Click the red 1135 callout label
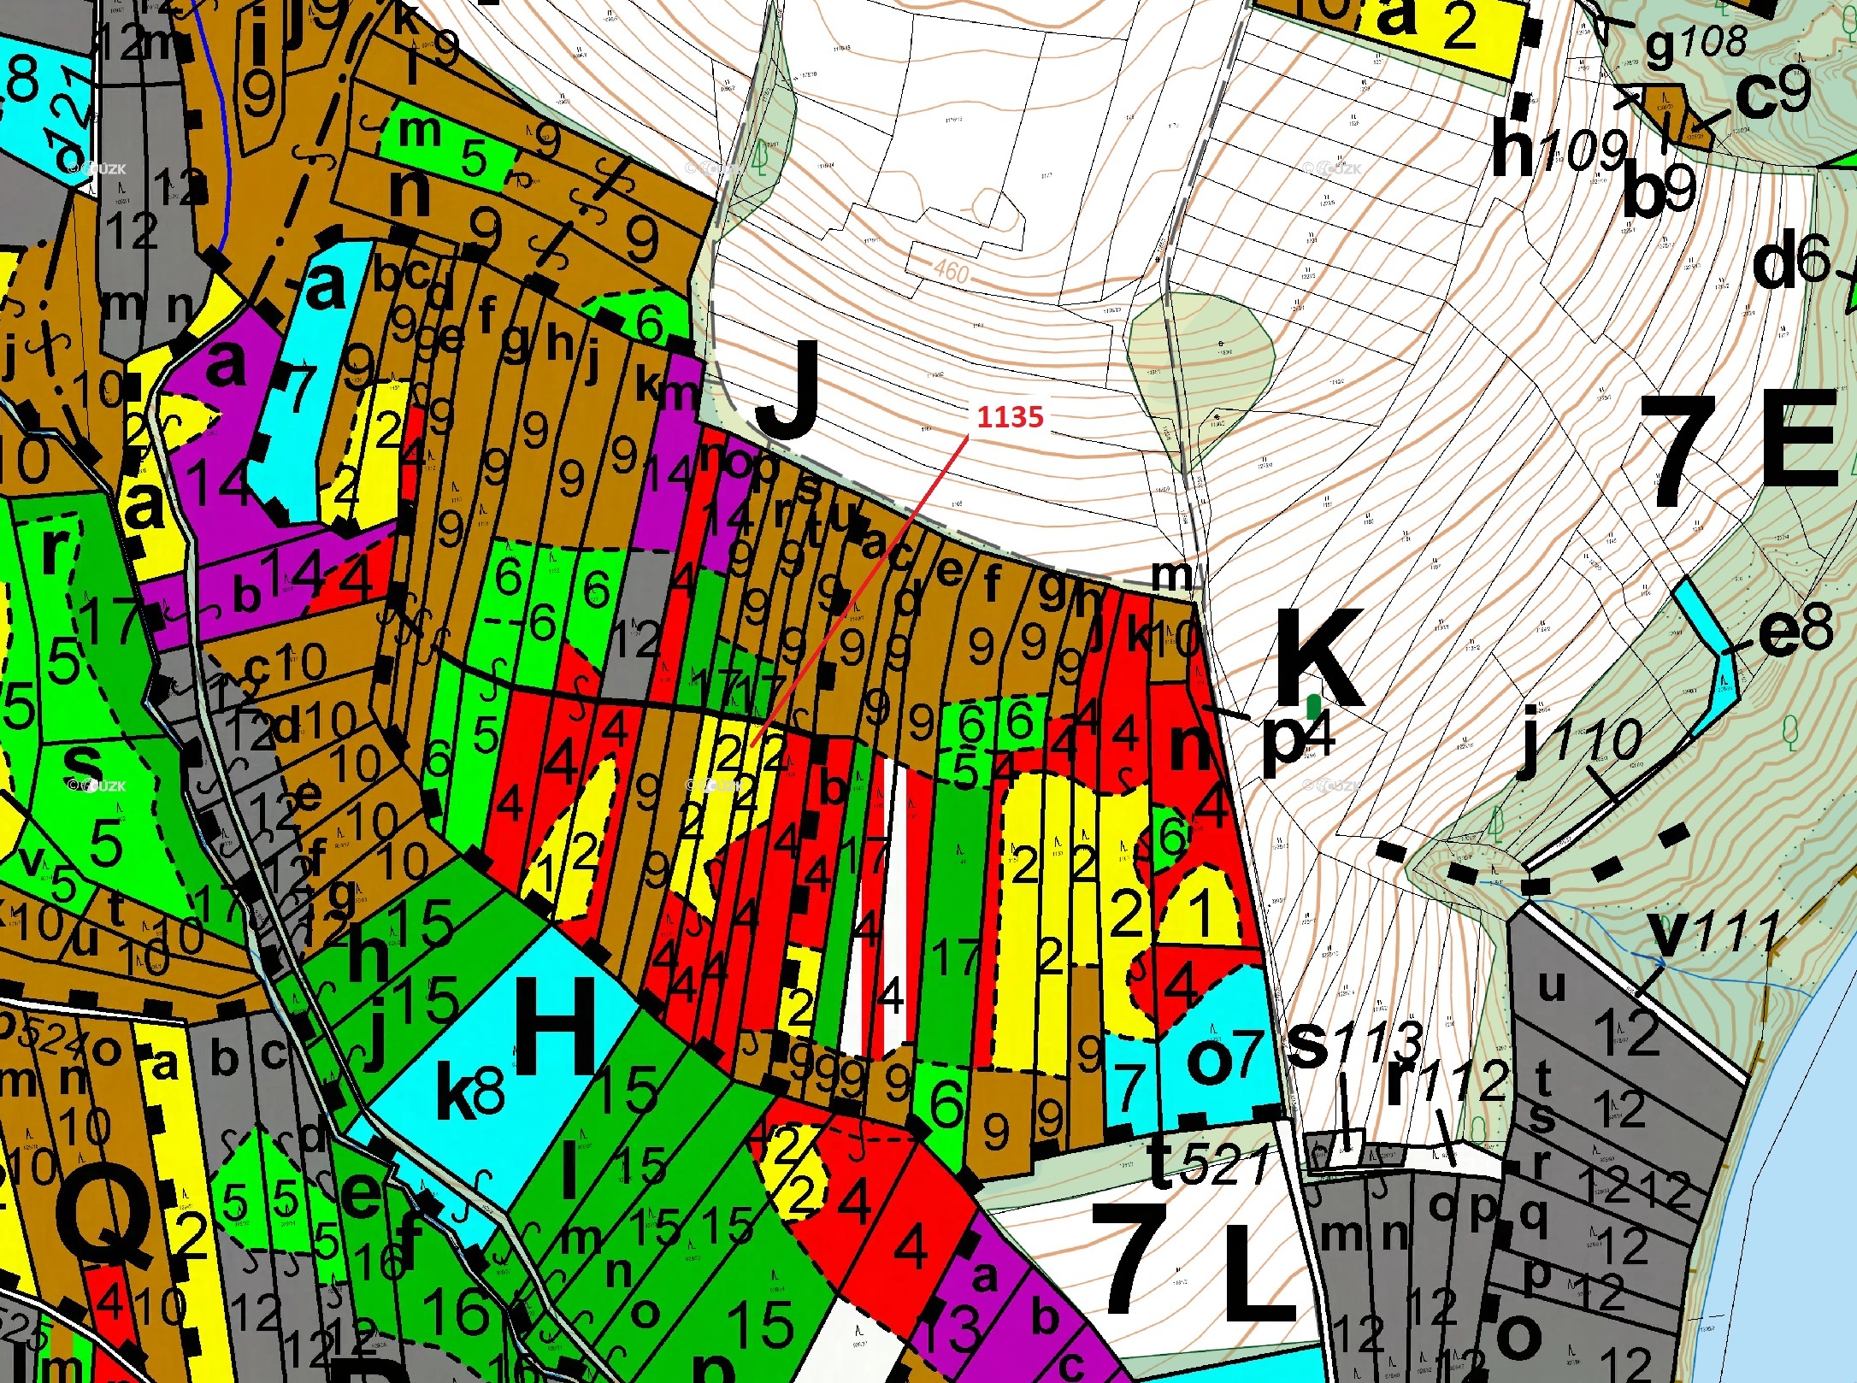click(x=1010, y=417)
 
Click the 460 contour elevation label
click(x=951, y=271)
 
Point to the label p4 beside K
click(x=1296, y=739)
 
